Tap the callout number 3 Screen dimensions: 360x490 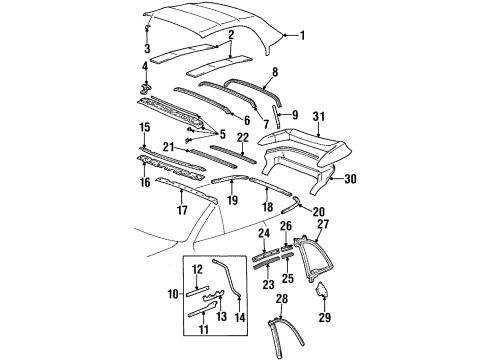tap(148, 47)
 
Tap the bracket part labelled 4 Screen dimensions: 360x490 tap(147, 89)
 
